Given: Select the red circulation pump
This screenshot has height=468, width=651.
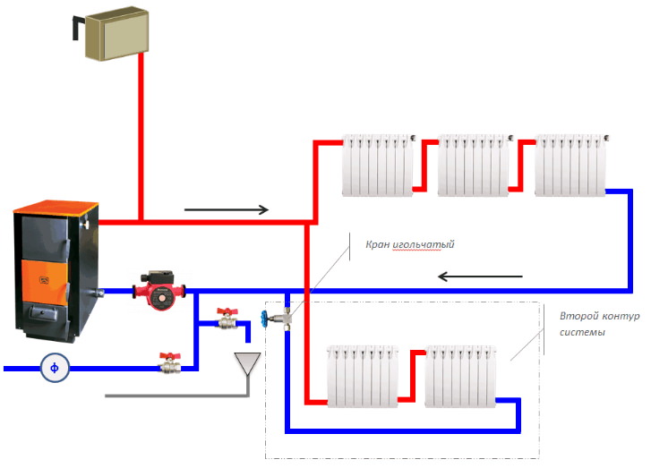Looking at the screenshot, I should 158,291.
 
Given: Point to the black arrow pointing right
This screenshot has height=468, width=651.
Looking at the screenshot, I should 226,210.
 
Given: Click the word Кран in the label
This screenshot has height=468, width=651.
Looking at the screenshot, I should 379,243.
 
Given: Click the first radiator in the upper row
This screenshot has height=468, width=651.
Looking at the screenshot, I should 379,166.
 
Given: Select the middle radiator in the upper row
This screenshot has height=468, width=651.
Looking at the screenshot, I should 473,166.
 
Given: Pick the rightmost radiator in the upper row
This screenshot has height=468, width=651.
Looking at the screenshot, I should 570,166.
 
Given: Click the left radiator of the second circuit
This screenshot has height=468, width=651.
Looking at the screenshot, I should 359,376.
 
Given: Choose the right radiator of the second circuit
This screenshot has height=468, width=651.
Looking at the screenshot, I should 460,376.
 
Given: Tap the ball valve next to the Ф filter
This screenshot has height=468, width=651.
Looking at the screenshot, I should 169,362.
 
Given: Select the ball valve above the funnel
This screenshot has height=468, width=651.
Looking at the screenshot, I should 226,319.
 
